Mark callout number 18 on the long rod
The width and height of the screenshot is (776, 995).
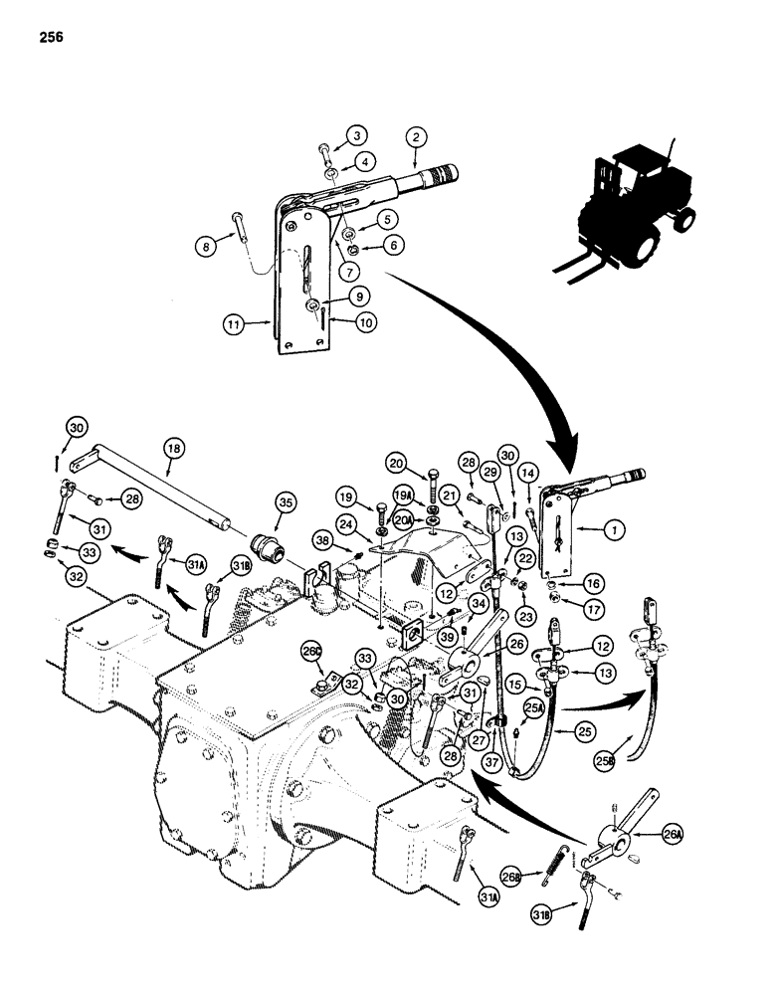pos(175,450)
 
